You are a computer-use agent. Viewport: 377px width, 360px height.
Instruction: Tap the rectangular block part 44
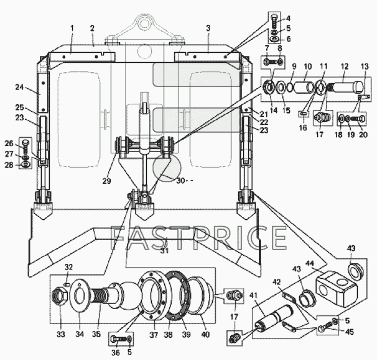tap(336, 289)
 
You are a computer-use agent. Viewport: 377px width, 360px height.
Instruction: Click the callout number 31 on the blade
tap(164, 251)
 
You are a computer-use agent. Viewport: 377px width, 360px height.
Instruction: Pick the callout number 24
tap(20, 87)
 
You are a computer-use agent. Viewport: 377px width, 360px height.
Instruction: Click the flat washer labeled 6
tap(274, 39)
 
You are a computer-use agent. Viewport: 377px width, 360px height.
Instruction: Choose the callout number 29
tap(107, 181)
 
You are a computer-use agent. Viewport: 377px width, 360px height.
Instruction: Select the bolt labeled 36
tap(118, 339)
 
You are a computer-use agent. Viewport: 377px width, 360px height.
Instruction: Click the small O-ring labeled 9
tap(290, 88)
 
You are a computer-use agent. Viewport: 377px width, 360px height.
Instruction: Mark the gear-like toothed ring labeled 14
tap(268, 87)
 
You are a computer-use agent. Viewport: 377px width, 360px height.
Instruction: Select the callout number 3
tap(208, 29)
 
